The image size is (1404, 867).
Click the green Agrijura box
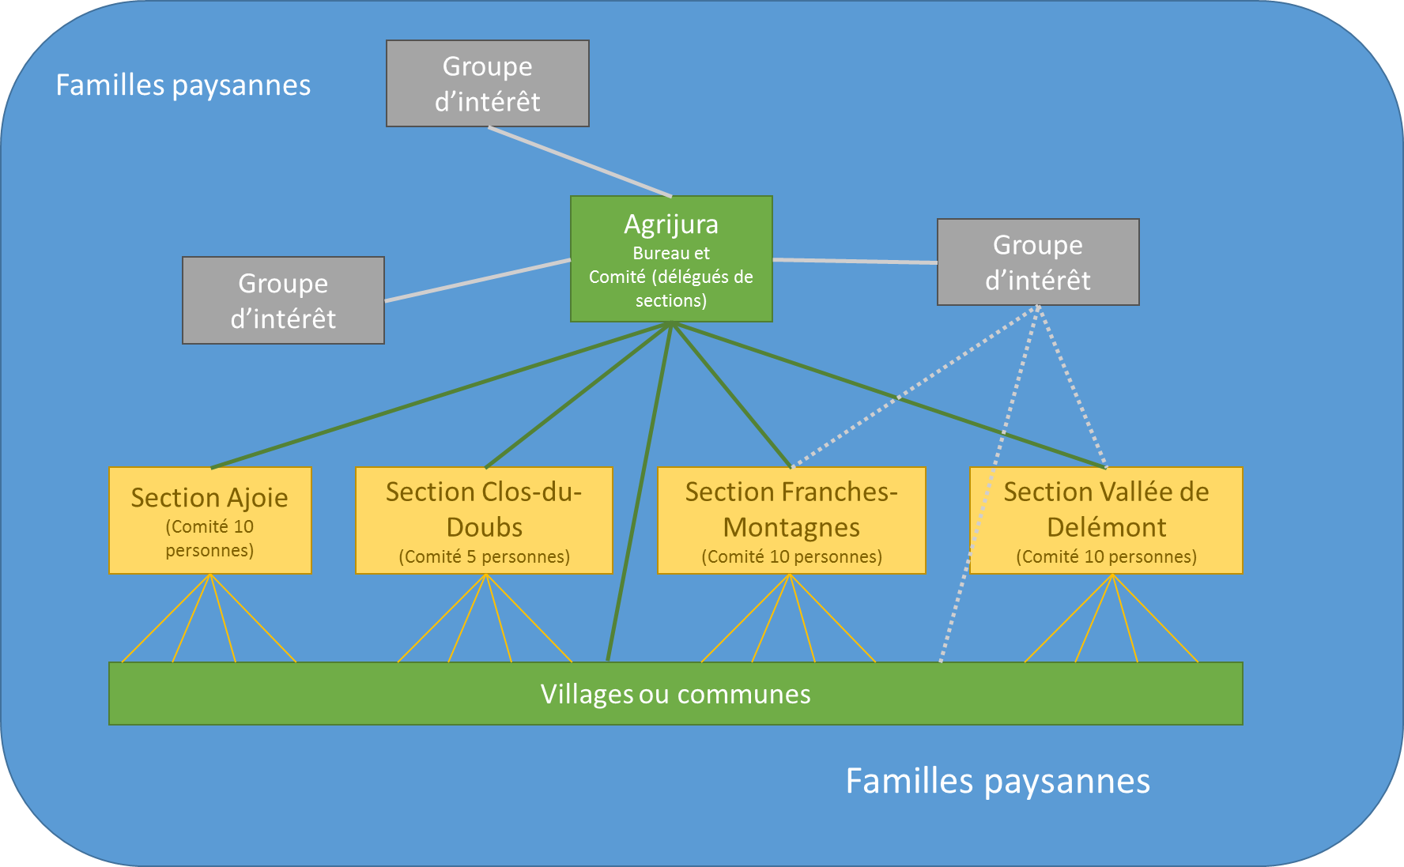click(x=671, y=258)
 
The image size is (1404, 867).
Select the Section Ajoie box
click(x=210, y=520)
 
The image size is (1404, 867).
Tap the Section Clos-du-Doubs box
click(x=484, y=520)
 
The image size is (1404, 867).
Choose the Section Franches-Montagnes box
click(x=791, y=520)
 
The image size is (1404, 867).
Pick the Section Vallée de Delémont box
click(x=1106, y=520)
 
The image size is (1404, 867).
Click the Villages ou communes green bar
click(x=675, y=694)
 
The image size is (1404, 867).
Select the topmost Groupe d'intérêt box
click(x=487, y=84)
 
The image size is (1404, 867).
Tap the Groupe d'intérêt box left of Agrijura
click(x=283, y=300)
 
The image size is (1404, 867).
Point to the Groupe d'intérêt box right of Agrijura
click(x=1038, y=262)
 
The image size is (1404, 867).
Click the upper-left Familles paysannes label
click(x=183, y=85)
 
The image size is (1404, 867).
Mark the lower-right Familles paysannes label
click(x=998, y=781)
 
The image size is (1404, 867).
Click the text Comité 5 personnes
click(x=484, y=557)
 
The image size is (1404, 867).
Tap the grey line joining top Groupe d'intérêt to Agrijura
click(x=579, y=161)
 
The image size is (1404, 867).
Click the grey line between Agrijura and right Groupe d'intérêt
click(x=855, y=261)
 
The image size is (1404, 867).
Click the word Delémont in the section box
click(x=1106, y=527)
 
